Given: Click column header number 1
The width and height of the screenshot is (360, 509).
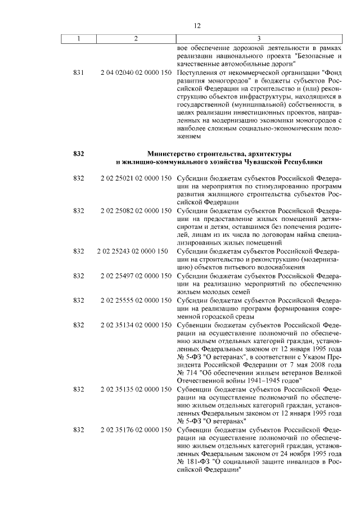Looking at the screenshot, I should tap(79, 38).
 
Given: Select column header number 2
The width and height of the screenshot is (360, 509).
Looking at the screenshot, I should tap(136, 38).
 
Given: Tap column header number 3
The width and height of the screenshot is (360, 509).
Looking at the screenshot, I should tap(258, 38).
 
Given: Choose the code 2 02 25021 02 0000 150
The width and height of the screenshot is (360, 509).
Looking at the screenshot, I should tap(136, 178).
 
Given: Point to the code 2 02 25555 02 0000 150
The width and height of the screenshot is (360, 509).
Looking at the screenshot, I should tap(136, 300).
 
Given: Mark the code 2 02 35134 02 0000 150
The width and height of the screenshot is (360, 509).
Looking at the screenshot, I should tap(136, 325).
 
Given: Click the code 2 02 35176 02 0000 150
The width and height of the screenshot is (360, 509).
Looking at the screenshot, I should tap(136, 430).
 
